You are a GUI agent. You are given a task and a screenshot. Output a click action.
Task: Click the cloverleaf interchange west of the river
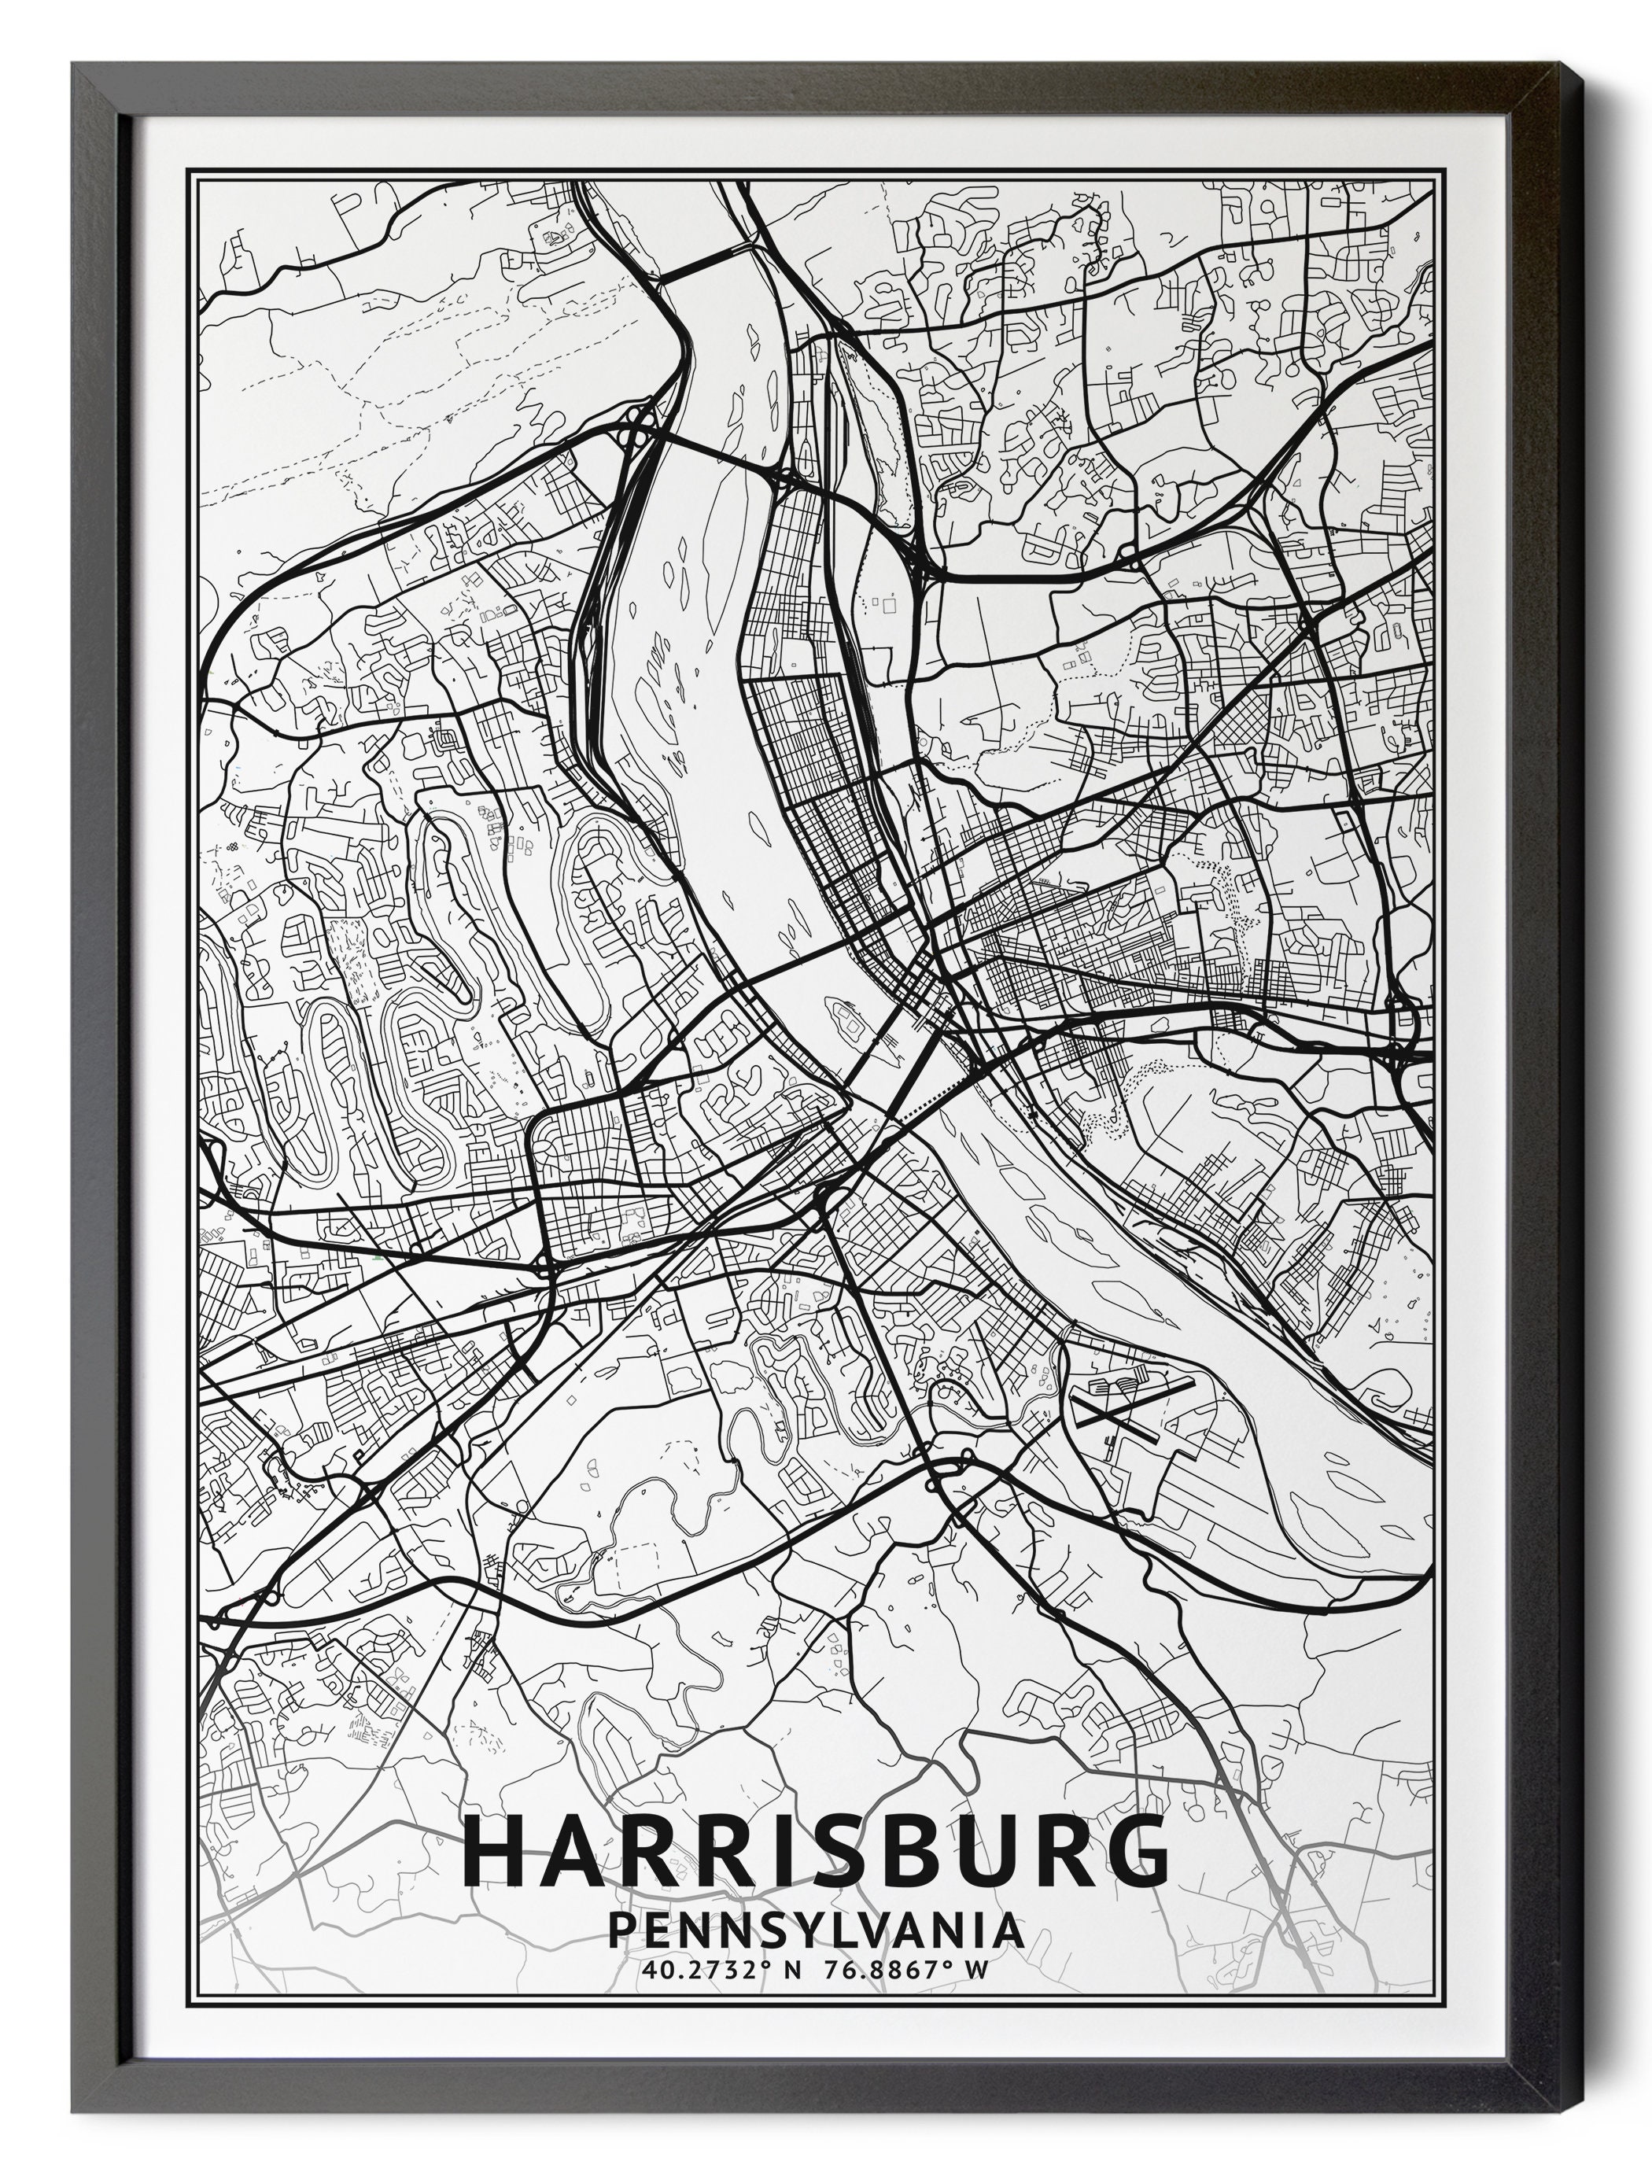632,430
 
